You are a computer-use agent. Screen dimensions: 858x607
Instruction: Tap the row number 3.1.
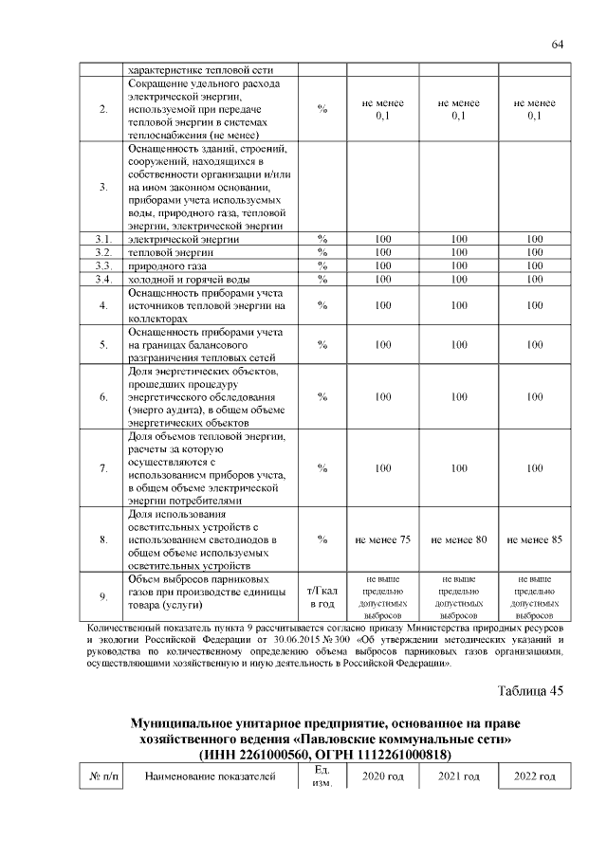tap(102, 239)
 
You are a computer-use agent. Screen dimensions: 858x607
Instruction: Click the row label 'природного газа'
tap(162, 265)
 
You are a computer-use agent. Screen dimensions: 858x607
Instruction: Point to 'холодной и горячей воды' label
tap(189, 279)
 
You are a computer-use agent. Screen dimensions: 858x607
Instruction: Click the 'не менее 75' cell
tap(382, 539)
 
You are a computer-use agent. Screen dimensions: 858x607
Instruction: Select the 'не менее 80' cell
tap(458, 539)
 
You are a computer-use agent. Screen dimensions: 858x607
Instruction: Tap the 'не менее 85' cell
tap(535, 539)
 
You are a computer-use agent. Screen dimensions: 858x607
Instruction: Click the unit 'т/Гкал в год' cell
tap(322, 596)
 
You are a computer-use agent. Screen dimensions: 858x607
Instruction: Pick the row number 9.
tap(102, 596)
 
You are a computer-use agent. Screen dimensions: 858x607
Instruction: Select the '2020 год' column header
tap(382, 777)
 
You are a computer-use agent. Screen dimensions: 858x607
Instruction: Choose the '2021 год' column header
tap(458, 777)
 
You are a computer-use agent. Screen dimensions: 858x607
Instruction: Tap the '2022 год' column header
tap(535, 777)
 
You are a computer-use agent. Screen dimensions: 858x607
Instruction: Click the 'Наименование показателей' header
tap(210, 777)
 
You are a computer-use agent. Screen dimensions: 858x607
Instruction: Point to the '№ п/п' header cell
tap(102, 777)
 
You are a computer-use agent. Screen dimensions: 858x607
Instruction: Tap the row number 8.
tap(102, 539)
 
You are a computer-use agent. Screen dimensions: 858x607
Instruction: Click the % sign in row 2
tap(322, 109)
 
